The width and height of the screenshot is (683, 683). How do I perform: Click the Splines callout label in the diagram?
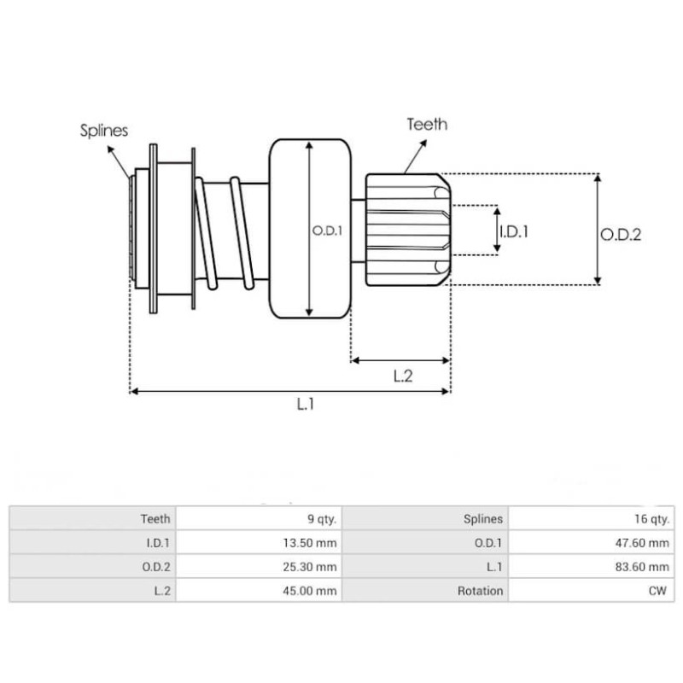click(104, 131)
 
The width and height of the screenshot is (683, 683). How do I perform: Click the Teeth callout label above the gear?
click(426, 125)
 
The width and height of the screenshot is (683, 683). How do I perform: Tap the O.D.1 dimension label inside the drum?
click(327, 230)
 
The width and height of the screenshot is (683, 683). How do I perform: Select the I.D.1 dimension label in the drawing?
click(514, 231)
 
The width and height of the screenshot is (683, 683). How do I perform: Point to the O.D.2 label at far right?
click(621, 235)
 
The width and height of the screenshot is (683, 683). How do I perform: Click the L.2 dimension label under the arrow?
click(403, 376)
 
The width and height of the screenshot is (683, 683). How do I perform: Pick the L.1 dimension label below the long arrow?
click(306, 406)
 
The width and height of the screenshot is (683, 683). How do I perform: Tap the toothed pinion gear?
click(406, 230)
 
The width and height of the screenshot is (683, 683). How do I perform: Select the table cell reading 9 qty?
click(322, 518)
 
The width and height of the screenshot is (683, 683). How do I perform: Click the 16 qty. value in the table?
click(653, 518)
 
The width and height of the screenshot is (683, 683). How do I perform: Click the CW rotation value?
click(660, 590)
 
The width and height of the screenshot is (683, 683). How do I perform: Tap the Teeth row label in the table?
click(155, 518)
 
